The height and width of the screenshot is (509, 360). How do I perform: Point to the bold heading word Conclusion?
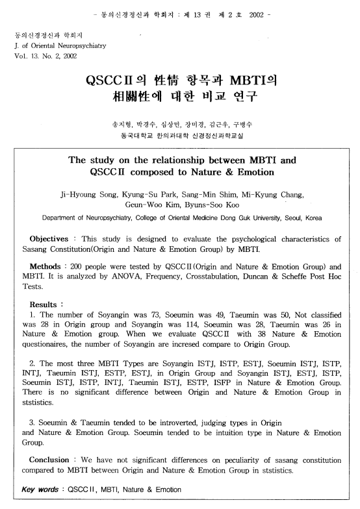pyautogui.click(x=55, y=461)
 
